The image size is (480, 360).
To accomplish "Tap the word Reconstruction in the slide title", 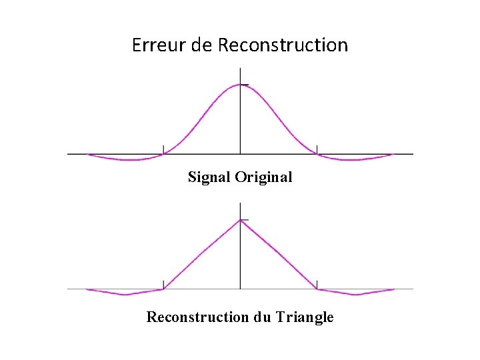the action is [x=283, y=45].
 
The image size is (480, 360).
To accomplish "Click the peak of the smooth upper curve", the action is [x=240, y=85].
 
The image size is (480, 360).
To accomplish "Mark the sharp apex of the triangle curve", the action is [x=240, y=220].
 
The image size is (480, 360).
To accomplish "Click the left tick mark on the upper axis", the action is [x=163, y=149].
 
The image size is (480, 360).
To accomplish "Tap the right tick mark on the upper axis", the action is [x=317, y=149].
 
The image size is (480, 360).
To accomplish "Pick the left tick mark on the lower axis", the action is [x=163, y=285].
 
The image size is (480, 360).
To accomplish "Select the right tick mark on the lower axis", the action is [x=317, y=285].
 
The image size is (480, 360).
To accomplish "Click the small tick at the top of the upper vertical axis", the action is [x=245, y=85].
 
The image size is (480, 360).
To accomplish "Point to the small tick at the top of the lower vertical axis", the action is [x=245, y=220].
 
